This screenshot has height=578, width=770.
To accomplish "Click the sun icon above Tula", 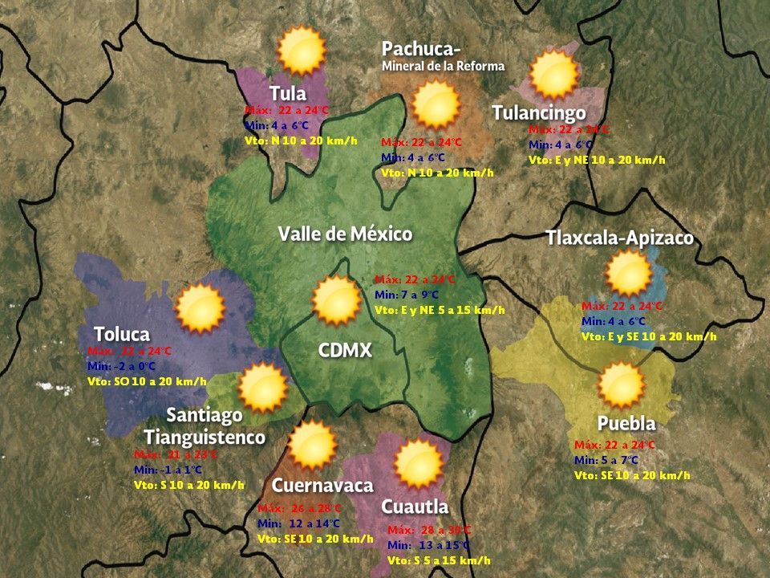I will click(x=301, y=51).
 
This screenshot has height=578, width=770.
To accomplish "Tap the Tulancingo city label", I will click(x=538, y=113).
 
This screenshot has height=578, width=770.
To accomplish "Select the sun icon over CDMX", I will click(x=336, y=300).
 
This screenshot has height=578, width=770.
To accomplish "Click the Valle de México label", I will click(x=345, y=234).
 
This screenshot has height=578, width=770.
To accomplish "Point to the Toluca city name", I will click(x=122, y=334).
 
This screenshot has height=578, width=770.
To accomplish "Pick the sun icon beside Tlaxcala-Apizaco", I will click(x=628, y=274).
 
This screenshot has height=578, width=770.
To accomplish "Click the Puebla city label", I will click(x=626, y=424).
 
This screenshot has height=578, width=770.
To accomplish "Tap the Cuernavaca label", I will click(x=322, y=486).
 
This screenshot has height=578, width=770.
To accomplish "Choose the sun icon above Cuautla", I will click(x=418, y=465).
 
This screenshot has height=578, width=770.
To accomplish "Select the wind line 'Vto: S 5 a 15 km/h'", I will click(x=439, y=560).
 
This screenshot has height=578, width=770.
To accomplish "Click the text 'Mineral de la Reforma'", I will click(x=444, y=67).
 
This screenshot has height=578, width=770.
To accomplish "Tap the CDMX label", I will click(x=345, y=351).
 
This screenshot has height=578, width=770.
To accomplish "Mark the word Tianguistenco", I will click(x=205, y=438).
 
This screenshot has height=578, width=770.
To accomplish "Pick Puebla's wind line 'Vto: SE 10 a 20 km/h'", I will click(x=632, y=475).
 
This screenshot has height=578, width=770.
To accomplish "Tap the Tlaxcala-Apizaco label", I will click(x=619, y=238).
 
